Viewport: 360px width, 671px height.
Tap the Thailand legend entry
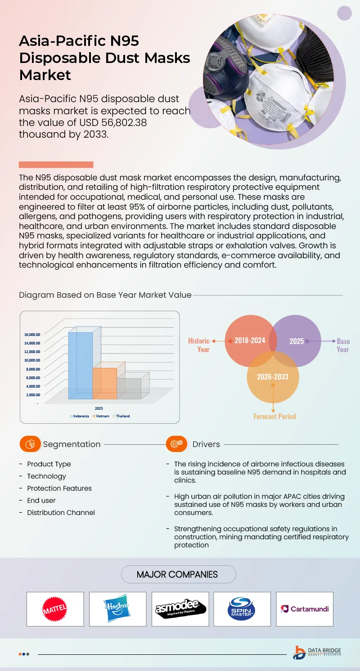coord(121,416)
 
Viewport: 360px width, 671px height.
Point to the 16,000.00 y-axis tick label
coord(32,335)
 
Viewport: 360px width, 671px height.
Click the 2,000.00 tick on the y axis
coord(32,395)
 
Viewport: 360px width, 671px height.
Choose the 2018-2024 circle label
coord(250,340)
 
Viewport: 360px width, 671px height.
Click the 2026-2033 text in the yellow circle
coord(273,376)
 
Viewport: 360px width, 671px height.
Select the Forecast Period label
coord(274,416)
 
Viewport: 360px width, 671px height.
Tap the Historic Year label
coord(199,345)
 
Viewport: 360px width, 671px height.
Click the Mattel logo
coord(55,609)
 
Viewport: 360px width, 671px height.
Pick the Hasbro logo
coord(117,609)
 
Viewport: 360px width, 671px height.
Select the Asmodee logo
coord(180,609)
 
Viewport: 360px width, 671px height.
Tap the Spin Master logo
coord(242,609)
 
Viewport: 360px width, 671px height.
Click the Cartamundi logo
coord(305,609)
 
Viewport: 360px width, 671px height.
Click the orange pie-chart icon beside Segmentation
coord(30,444)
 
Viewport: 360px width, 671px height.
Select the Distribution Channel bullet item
coord(61,513)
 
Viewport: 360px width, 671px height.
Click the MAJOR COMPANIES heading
coord(177,574)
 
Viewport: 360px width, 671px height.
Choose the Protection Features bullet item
coord(59,488)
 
